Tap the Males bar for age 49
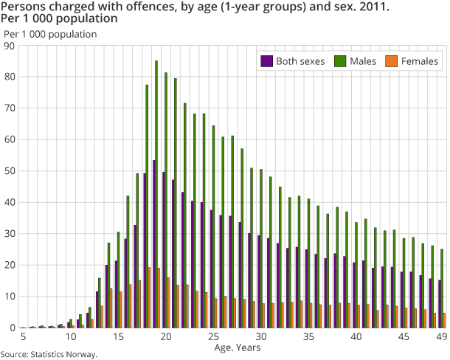coord(442,288)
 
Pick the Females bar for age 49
coord(445,320)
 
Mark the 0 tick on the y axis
coord(13,328)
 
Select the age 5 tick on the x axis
coord(24,337)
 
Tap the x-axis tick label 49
coord(441,337)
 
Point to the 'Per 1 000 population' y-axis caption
coord(50,34)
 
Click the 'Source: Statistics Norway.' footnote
coord(49,355)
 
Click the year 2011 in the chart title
coord(350,7)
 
